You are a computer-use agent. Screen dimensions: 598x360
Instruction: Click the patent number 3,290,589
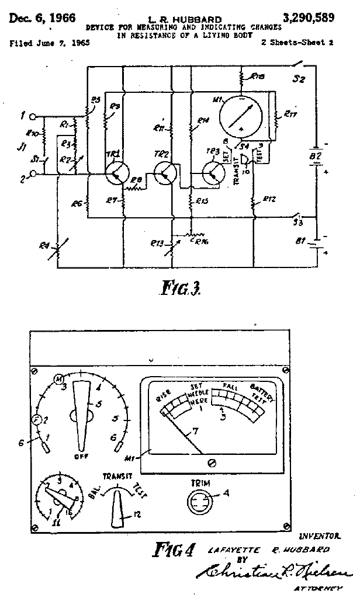(309, 18)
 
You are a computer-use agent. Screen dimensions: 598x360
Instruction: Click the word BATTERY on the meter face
(259, 388)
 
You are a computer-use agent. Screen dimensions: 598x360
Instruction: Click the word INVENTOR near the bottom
(319, 535)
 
